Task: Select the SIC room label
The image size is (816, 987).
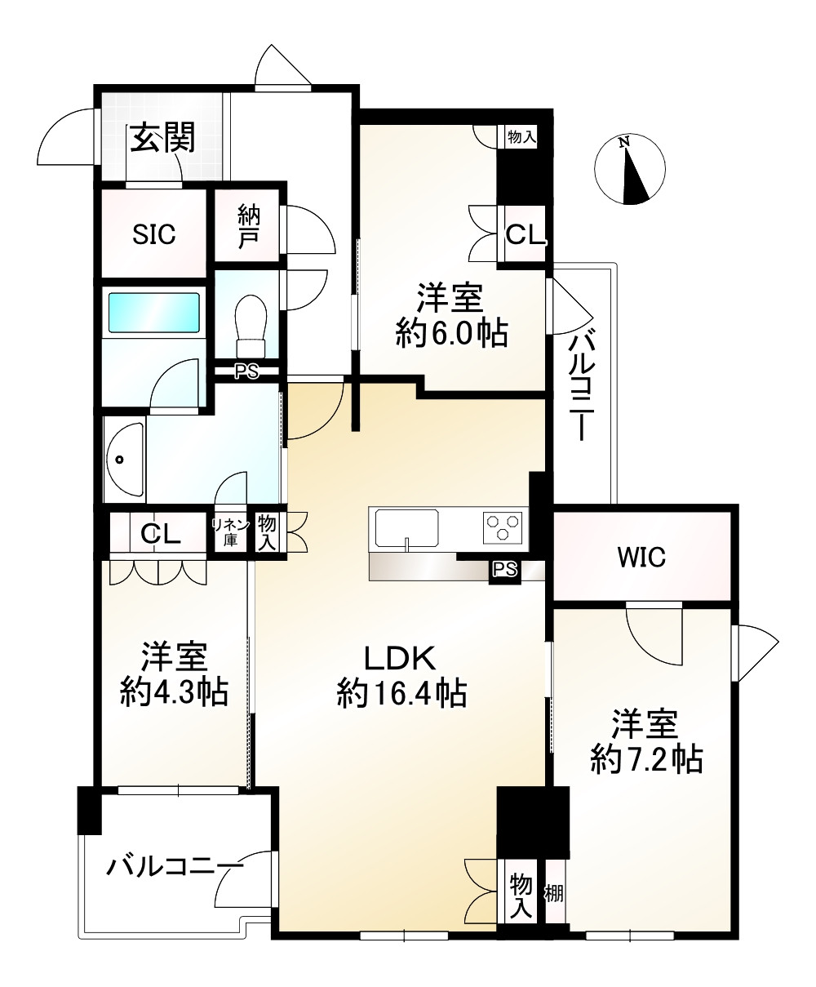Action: [154, 235]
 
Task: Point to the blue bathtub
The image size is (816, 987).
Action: [154, 312]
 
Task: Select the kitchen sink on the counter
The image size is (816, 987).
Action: [406, 528]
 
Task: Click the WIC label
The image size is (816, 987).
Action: [641, 558]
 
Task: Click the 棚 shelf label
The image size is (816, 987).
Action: [555, 893]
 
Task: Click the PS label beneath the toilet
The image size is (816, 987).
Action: [246, 372]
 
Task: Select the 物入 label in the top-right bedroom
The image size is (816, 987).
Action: [521, 137]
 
